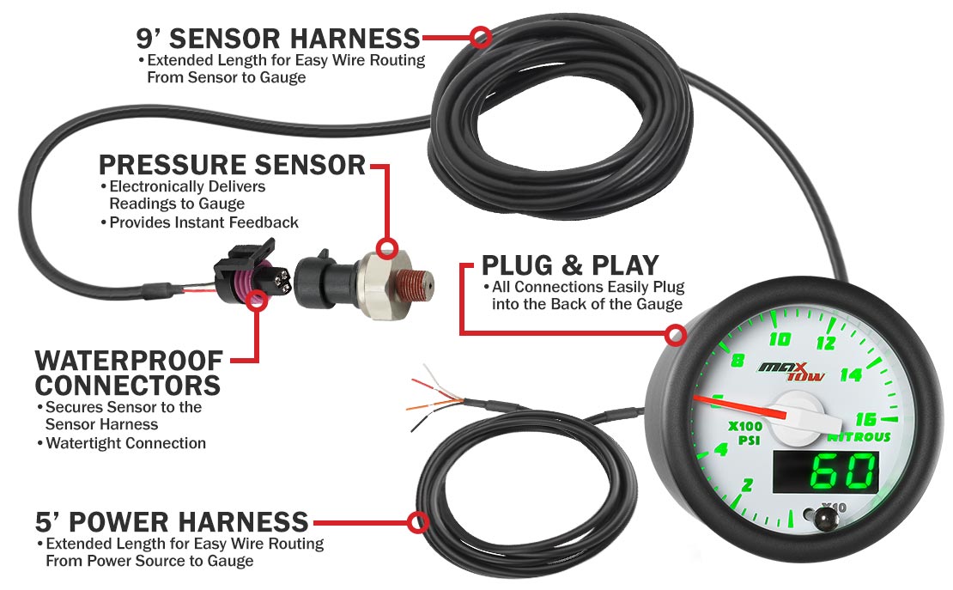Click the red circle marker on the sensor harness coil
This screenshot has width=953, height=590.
(482, 37)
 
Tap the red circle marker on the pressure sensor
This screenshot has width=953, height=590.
(387, 249)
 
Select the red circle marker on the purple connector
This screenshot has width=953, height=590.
(255, 300)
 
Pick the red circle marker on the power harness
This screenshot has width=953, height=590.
(418, 522)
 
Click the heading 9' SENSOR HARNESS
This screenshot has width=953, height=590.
(278, 38)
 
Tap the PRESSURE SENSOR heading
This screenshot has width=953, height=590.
(232, 164)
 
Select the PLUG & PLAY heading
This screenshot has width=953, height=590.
(570, 264)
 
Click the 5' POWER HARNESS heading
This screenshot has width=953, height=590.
(172, 521)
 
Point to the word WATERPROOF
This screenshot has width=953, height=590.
(129, 360)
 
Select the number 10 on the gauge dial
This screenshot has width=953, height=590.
(780, 338)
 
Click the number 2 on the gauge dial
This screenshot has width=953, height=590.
(747, 485)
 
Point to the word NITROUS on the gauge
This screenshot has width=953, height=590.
(859, 437)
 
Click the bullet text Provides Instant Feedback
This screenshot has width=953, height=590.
(204, 222)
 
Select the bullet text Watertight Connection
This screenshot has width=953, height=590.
(125, 443)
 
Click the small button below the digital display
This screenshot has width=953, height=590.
(828, 518)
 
